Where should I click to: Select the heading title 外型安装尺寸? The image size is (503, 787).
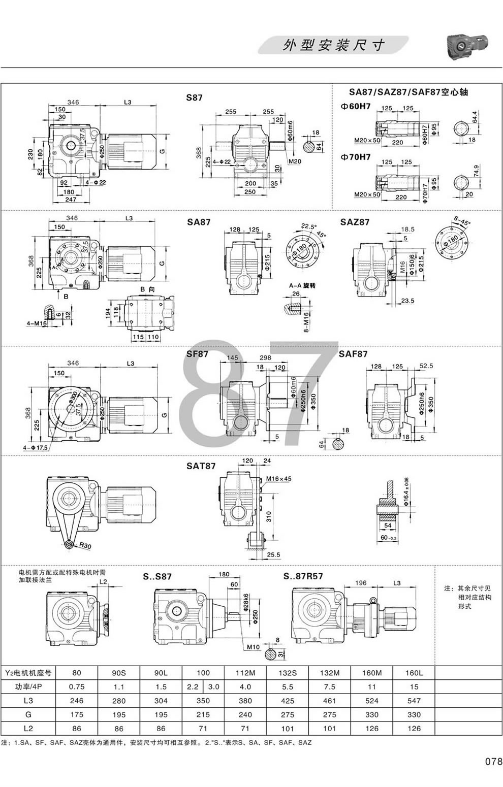[333, 45]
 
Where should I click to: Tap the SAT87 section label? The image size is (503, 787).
[201, 466]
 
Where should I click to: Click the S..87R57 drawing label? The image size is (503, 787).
[303, 576]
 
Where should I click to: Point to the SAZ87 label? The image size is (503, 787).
[355, 222]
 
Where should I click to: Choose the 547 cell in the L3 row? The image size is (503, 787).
[414, 701]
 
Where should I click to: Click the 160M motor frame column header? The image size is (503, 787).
[372, 673]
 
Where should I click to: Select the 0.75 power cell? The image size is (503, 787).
[77, 687]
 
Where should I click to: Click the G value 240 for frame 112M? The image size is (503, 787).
[246, 715]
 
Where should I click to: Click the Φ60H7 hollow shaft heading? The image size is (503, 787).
[355, 107]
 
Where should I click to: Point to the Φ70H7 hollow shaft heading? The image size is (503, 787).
[355, 157]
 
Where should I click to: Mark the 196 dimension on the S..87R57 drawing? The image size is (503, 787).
[360, 583]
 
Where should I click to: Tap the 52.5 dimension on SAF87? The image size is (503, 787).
[426, 366]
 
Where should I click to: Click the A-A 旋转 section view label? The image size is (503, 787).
[302, 286]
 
